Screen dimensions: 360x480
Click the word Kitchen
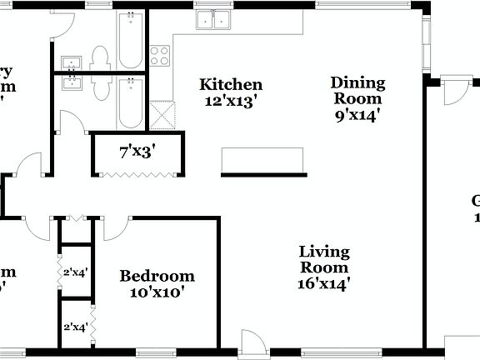pos(231,85)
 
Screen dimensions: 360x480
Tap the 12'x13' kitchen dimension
pos(231,102)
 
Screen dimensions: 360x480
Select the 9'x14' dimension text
pos(357,116)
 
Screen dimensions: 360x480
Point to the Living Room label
pos(324,259)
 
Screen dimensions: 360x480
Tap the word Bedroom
pos(157,276)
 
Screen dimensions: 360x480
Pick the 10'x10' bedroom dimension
pos(157,292)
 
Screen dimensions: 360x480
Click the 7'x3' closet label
pos(138,152)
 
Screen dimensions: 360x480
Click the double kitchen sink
pos(212,20)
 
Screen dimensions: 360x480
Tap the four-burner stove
pos(159,56)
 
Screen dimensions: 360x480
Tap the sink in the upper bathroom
pos(71,62)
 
